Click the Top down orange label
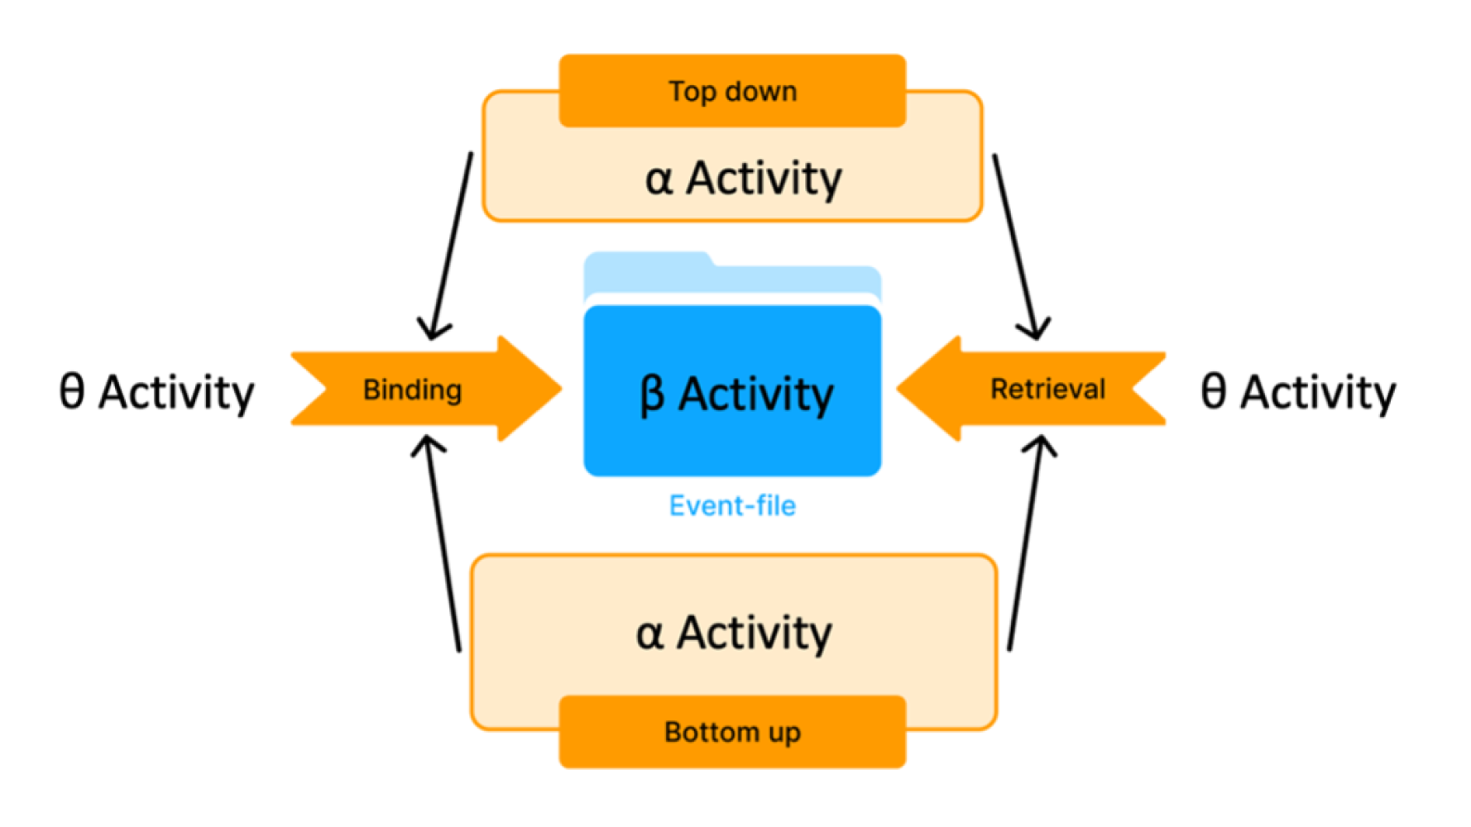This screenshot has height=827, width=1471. (x=732, y=91)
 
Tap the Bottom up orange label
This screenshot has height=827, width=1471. (x=732, y=732)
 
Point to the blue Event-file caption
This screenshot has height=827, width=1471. (x=732, y=505)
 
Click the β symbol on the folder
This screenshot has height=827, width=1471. (x=652, y=395)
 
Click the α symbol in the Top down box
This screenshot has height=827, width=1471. (x=659, y=179)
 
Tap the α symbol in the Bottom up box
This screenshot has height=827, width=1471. (x=649, y=634)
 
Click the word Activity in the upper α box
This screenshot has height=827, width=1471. (x=764, y=179)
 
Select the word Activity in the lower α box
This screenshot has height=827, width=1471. (x=755, y=634)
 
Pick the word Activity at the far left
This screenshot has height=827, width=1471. (x=176, y=392)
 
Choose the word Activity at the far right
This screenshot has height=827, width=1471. (x=1317, y=392)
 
